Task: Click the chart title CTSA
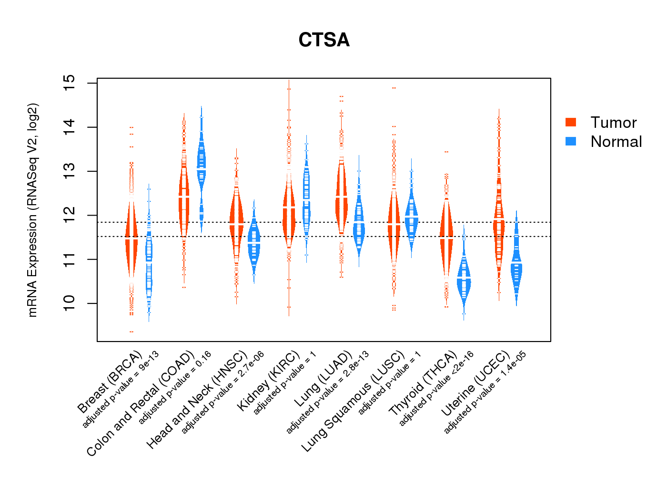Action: click(x=324, y=40)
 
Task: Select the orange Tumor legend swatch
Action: click(x=571, y=122)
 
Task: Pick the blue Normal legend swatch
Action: click(x=571, y=141)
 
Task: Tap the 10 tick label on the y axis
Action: click(x=70, y=303)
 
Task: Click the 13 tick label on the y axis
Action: click(x=70, y=171)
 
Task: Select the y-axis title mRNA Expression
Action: click(x=32, y=210)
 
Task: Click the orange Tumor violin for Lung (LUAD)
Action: click(x=341, y=200)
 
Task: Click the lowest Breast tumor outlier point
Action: click(x=131, y=332)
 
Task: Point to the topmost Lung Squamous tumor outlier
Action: click(x=394, y=88)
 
